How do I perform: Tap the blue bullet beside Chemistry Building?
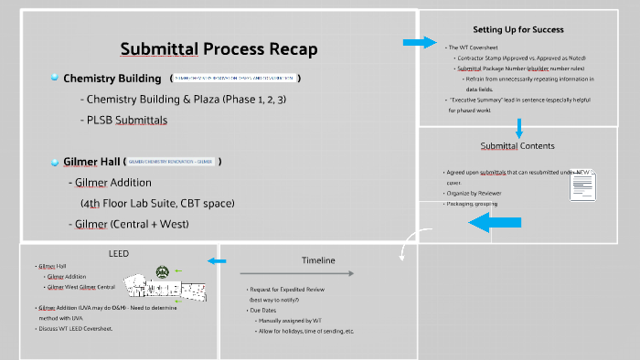(55, 78)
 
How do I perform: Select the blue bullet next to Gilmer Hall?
(55, 162)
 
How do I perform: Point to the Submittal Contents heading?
(517, 145)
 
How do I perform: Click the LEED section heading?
(119, 252)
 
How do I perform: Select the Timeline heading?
(319, 259)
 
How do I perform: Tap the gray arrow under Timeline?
(290, 273)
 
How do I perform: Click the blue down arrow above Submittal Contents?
(518, 127)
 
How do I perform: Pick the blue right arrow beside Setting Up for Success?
(420, 43)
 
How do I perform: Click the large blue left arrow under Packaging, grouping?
(496, 222)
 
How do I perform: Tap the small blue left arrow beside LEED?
(217, 262)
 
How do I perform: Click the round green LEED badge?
(162, 270)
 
